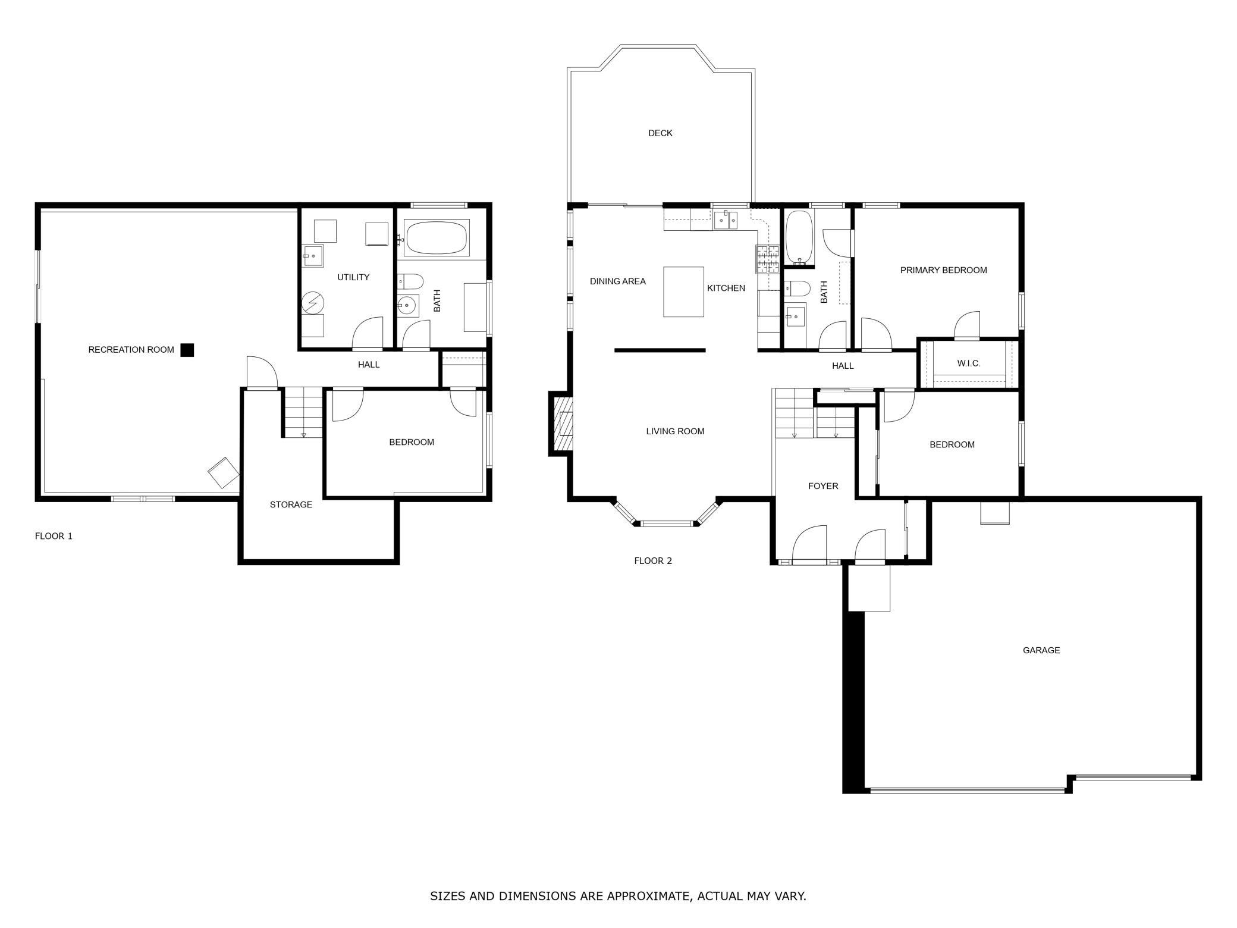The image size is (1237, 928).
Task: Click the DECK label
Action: pos(660,133)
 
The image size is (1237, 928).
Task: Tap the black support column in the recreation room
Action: pos(187,350)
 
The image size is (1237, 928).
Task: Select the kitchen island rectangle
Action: pos(683,291)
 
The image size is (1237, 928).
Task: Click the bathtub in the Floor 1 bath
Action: pos(437,238)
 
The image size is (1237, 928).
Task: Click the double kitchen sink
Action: pos(726,220)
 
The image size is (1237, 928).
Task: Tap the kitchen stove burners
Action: pos(768,259)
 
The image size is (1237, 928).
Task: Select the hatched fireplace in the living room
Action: pos(563,423)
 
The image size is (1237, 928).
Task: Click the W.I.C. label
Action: pos(969,363)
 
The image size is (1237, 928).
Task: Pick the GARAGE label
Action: pos(1041,650)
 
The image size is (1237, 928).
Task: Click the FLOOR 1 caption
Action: pos(54,536)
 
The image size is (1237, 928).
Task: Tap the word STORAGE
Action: pos(291,504)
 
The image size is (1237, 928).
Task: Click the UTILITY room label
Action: pos(353,277)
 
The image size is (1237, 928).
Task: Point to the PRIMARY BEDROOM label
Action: pos(943,270)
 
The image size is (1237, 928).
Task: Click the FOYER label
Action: pos(823,486)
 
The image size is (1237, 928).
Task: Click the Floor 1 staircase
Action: pos(302,412)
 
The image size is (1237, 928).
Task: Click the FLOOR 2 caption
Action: pos(653,560)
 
